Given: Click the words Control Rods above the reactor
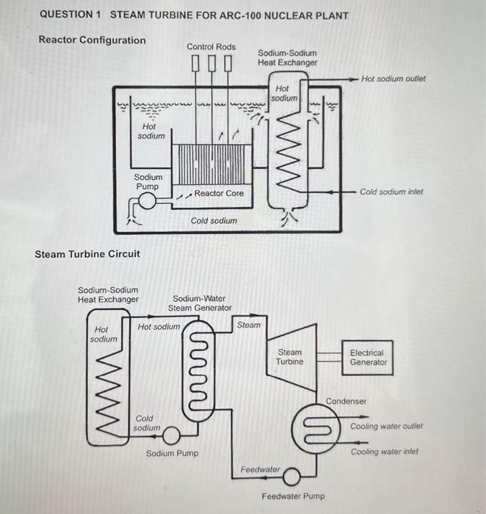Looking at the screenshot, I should (211, 47).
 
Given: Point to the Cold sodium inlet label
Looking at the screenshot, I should (391, 192).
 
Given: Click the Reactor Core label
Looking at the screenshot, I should (219, 193).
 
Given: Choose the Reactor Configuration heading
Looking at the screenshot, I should (92, 40).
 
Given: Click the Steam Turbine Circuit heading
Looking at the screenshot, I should (87, 254).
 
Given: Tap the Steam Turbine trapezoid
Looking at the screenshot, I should (289, 358).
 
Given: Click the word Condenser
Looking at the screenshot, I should (346, 401).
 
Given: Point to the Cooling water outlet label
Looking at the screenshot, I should (386, 426).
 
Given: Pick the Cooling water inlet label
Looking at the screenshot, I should (384, 452).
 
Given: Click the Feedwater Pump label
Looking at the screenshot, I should (293, 496).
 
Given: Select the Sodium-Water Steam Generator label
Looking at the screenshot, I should (202, 303).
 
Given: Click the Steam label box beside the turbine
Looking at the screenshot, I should (248, 325).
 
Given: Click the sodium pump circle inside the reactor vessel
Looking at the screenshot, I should (147, 202).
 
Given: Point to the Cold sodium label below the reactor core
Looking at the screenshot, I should (214, 220).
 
